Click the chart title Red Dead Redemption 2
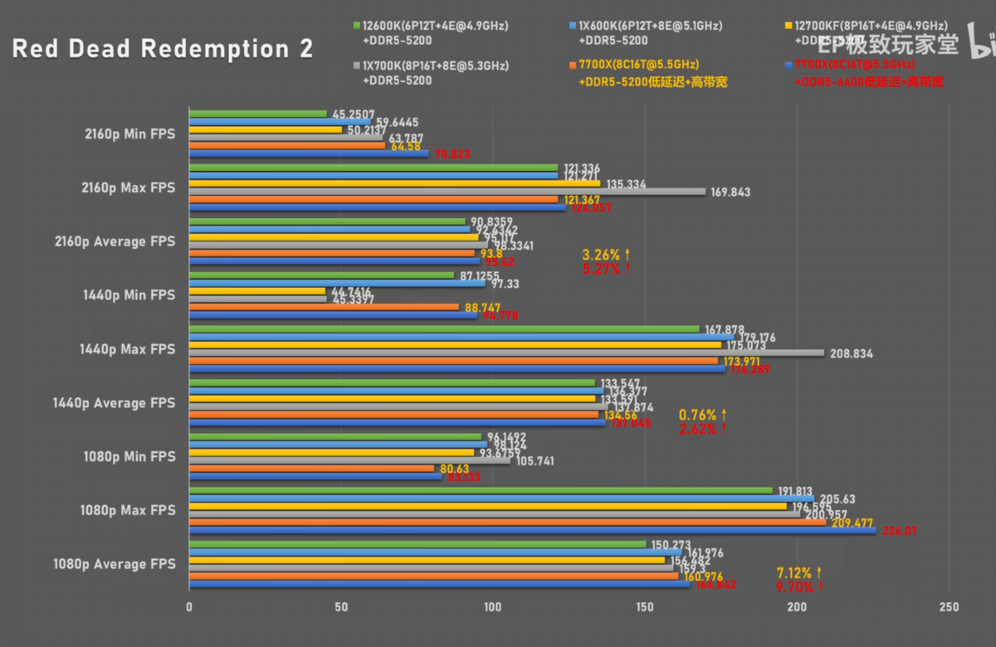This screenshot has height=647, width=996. pos(163,49)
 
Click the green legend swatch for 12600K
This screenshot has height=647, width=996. pos(356,26)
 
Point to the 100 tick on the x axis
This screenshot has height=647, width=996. pos(492,607)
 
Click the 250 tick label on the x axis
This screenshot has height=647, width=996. pos(948,607)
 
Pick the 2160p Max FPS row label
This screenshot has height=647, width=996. pos(129,187)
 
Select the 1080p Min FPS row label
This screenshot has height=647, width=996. pos(129,456)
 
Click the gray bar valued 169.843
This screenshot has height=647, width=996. pos(447,192)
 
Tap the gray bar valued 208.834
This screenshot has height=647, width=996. pos(506,353)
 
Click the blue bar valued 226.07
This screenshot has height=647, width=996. pos(532,530)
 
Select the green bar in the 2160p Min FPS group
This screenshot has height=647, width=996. pos(258,114)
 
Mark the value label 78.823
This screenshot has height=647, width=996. pos(452,154)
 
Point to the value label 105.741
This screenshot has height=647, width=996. pos(535,461)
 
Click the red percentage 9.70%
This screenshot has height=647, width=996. pos(795,586)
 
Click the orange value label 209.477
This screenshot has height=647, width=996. pos(853,523)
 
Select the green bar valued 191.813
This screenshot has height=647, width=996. pos(481,490)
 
